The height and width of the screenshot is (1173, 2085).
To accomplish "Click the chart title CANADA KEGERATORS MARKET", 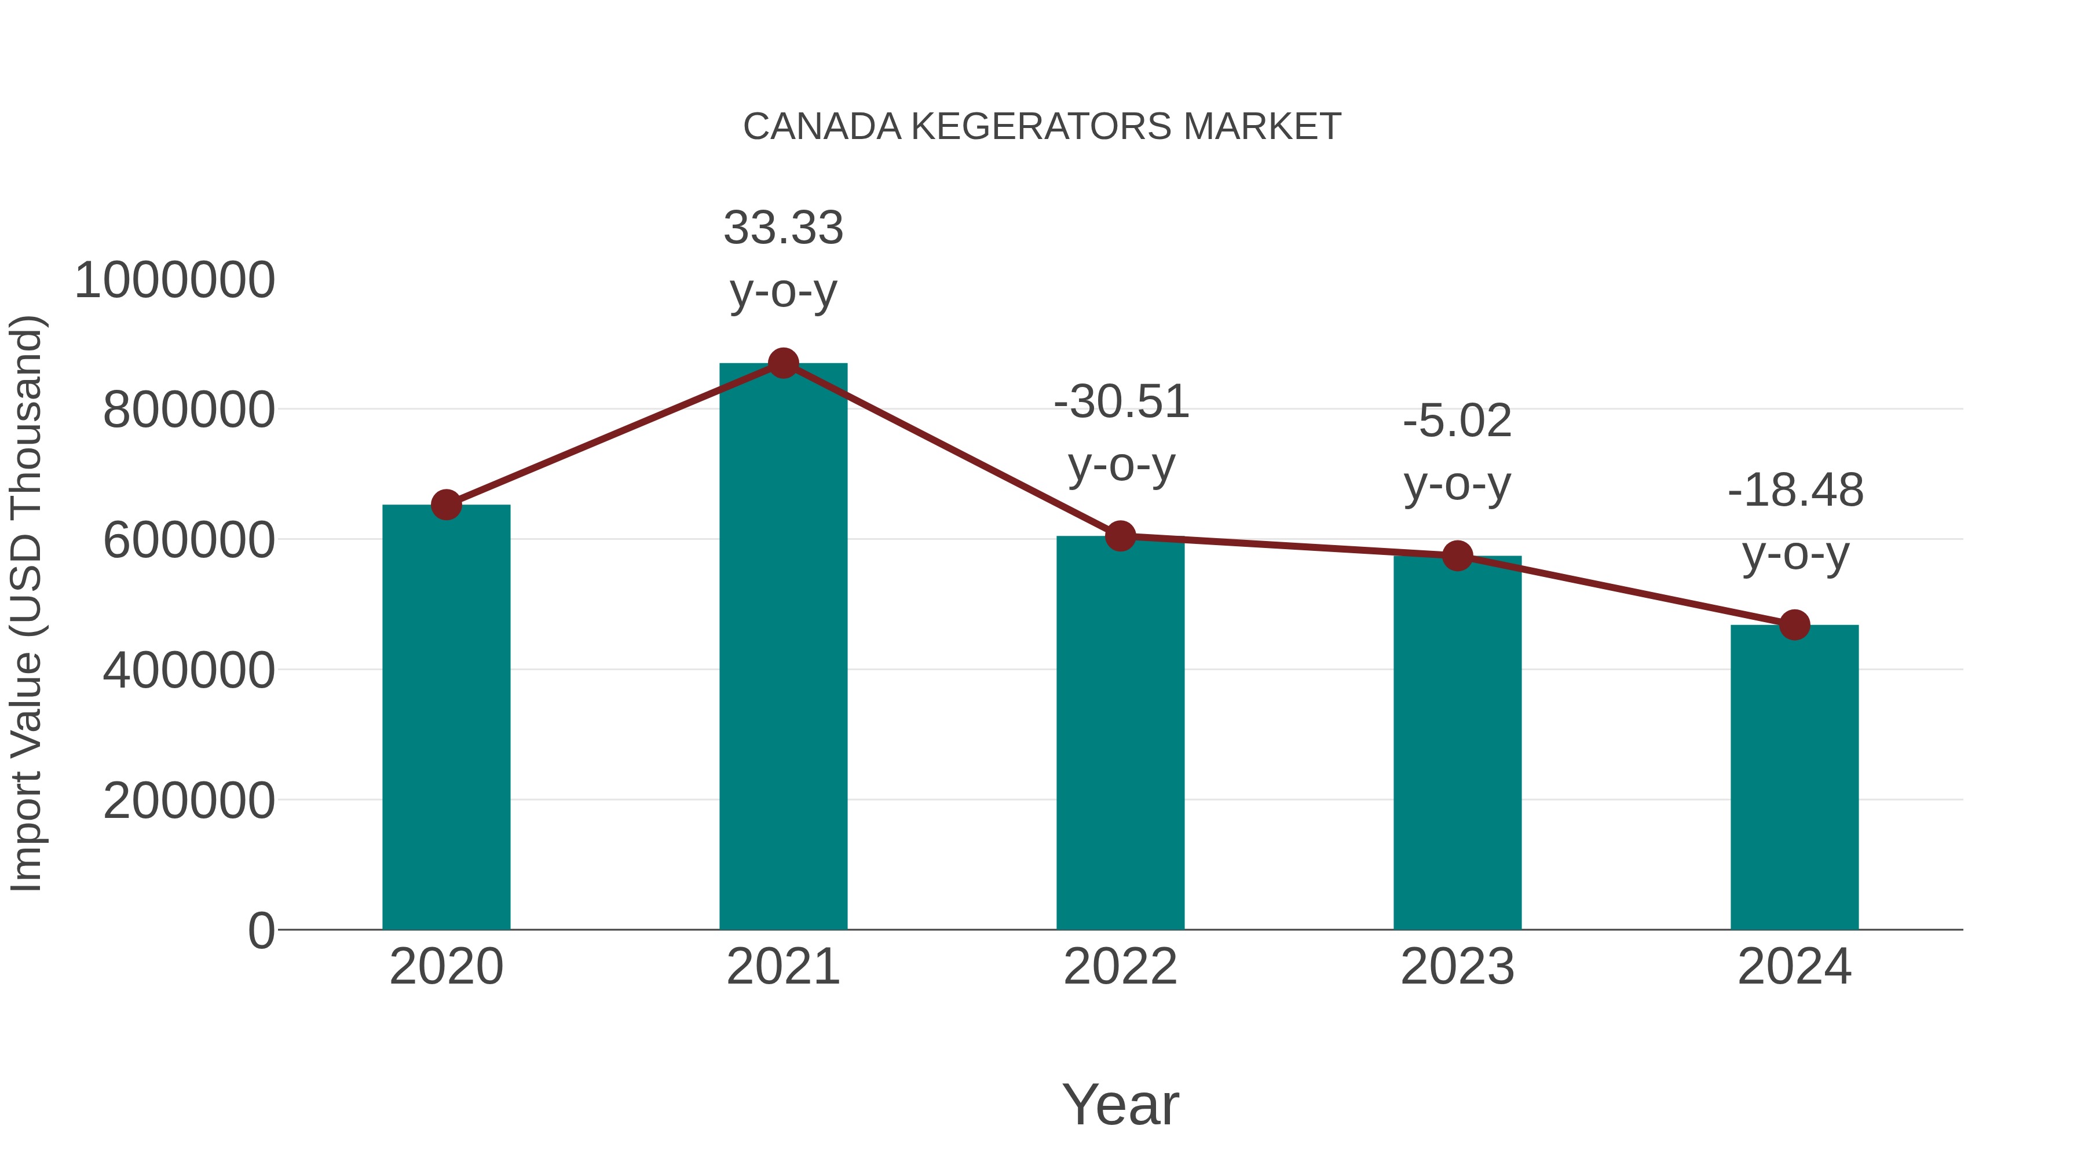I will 1042,127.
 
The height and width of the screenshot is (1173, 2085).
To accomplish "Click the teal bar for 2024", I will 1794,777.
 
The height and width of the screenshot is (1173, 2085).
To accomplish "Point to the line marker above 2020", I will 446,505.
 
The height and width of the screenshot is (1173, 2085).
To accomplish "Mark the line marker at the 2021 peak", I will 782,363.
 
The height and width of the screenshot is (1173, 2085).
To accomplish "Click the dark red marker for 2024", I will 1794,625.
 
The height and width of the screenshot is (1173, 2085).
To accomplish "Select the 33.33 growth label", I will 782,228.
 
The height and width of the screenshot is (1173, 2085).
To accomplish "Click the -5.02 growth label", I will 1457,421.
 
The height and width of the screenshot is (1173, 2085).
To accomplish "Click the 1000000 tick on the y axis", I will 175,280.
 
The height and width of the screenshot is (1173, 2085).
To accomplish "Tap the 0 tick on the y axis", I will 261,930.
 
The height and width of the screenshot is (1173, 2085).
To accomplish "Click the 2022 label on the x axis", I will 1120,967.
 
